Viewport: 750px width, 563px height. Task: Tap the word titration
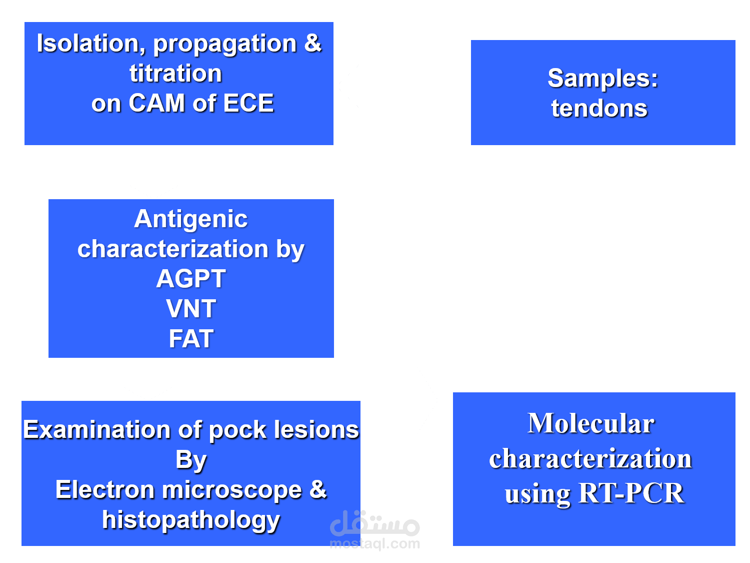pyautogui.click(x=175, y=74)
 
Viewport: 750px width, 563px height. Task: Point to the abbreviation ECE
pyautogui.click(x=248, y=104)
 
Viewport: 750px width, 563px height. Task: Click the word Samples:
pyautogui.click(x=602, y=79)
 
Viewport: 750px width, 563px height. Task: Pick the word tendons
pyautogui.click(x=599, y=109)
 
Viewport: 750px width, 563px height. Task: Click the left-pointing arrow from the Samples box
pyautogui.click(x=387, y=86)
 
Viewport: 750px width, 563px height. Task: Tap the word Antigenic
pyautogui.click(x=190, y=219)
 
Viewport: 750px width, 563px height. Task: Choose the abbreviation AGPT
pyautogui.click(x=190, y=279)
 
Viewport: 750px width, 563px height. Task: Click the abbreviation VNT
pyautogui.click(x=190, y=309)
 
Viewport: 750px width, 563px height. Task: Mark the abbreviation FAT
pyautogui.click(x=190, y=339)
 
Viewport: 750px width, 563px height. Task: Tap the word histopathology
pyautogui.click(x=190, y=520)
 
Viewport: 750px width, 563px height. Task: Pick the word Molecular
pyautogui.click(x=590, y=423)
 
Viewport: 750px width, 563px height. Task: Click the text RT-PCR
pyautogui.click(x=630, y=493)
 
